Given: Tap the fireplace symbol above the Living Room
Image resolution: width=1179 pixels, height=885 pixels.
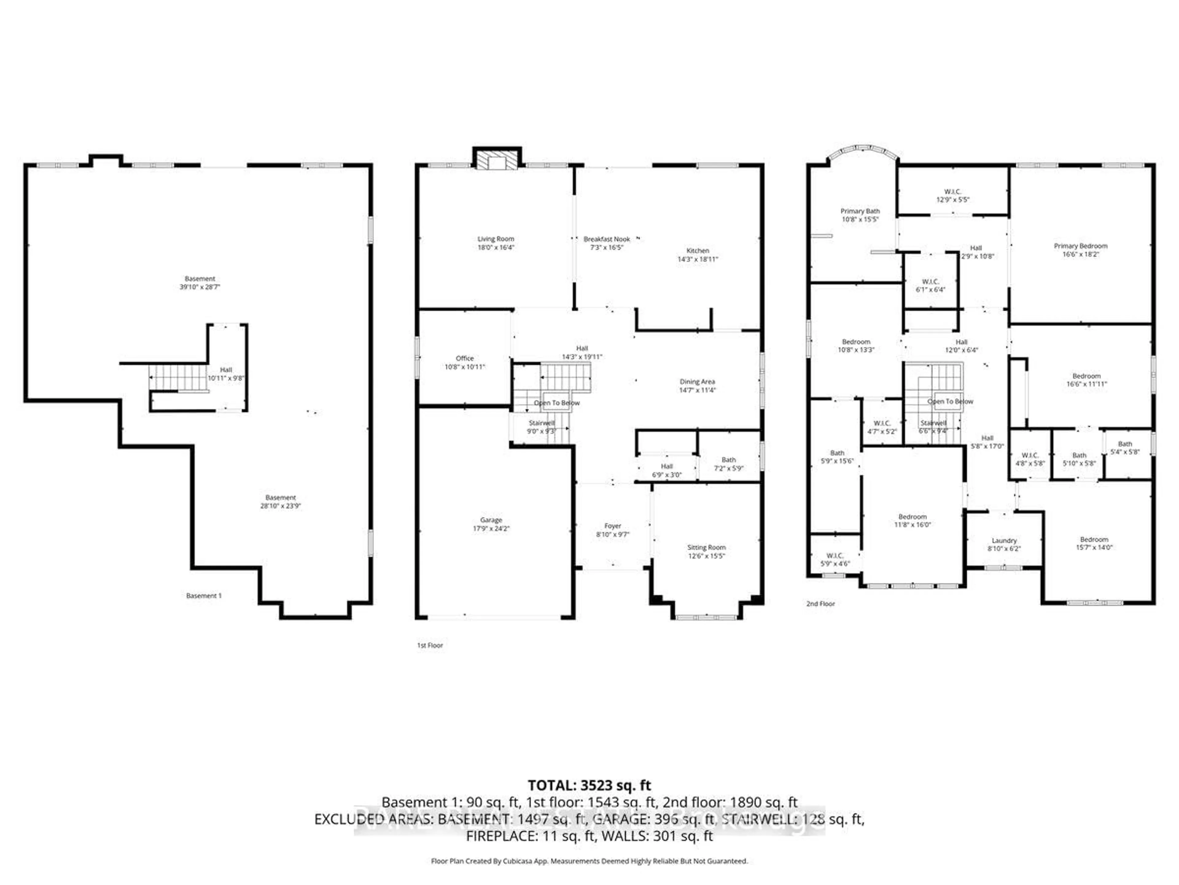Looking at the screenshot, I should coord(497,161).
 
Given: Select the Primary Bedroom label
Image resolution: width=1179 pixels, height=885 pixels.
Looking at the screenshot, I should coord(1080,246).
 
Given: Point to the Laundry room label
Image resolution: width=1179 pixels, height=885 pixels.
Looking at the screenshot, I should coord(1004,541).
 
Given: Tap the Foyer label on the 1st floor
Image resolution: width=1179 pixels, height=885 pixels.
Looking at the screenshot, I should coord(613,526).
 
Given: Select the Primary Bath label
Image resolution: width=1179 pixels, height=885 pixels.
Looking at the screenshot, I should coord(860,211).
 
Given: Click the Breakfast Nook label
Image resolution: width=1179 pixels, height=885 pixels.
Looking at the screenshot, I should coord(607,239).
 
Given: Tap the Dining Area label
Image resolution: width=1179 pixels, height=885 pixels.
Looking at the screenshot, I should coord(697,381).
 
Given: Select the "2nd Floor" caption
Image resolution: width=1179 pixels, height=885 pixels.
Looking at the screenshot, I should coord(820,603).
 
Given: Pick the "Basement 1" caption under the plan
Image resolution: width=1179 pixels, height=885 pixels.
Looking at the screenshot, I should coord(204,595).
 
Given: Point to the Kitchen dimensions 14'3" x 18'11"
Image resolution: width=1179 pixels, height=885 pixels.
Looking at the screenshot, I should coord(697,259).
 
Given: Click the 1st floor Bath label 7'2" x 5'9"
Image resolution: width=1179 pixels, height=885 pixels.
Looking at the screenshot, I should coord(729,464).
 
